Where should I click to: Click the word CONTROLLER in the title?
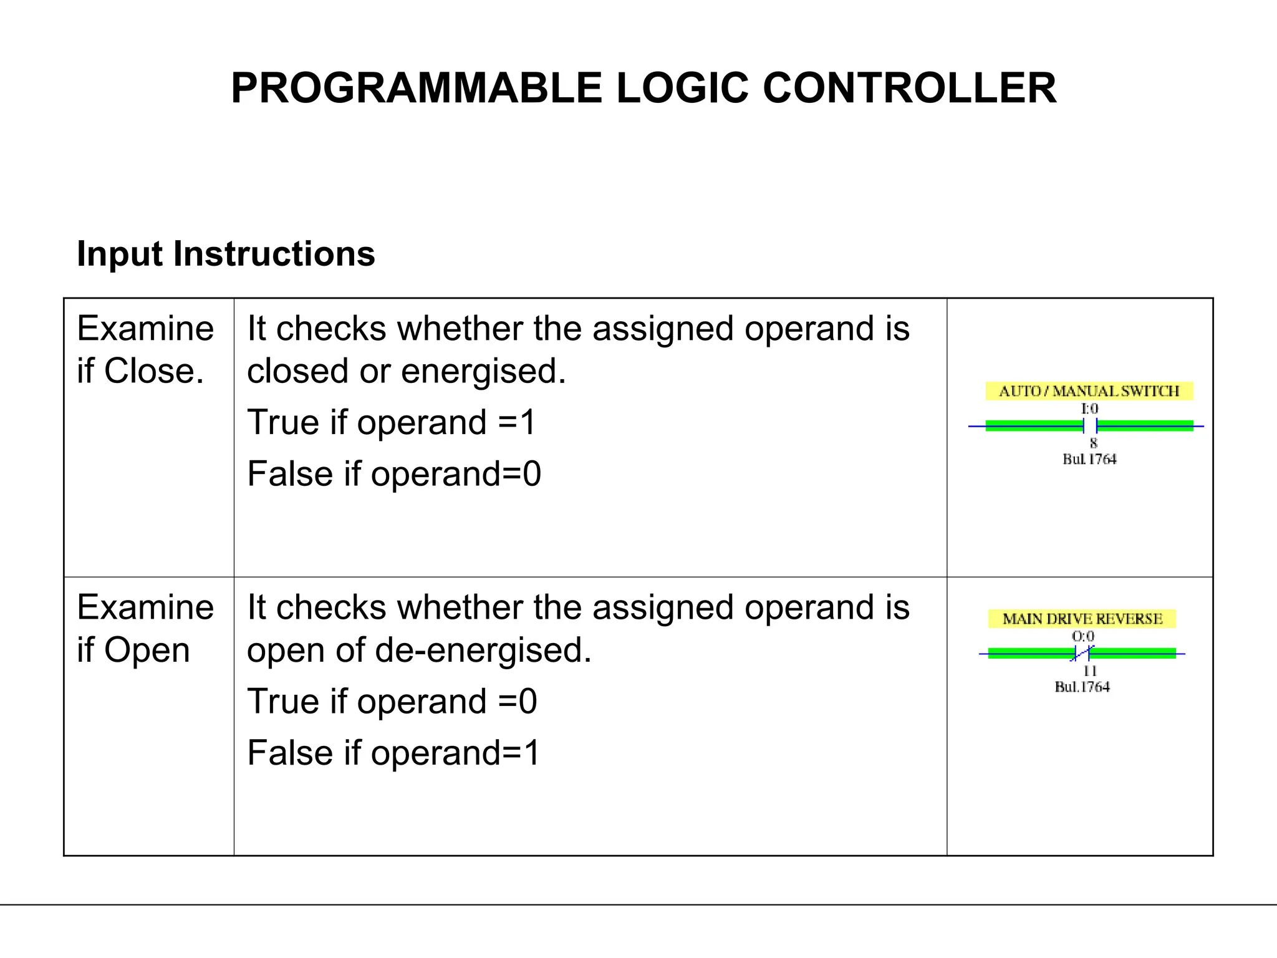910,88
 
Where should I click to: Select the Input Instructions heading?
226,254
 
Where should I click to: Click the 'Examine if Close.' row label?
145,349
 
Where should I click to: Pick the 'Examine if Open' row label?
145,628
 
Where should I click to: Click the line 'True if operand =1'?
391,422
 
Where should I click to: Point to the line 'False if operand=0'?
394,473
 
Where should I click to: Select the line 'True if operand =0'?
392,701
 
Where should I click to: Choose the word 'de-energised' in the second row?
482,650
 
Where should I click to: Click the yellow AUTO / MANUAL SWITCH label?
1089,391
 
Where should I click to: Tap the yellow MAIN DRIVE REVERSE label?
1082,619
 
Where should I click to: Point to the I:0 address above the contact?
1089,409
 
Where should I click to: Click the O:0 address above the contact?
1083,636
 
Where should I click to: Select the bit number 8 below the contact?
1093,443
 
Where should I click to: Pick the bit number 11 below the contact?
1089,670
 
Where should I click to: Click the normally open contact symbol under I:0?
1090,426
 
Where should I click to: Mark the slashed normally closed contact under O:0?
1082,654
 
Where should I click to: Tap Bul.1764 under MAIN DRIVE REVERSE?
1082,687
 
